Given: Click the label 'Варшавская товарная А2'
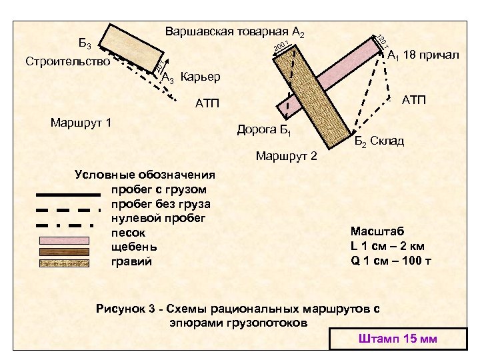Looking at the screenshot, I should pyautogui.click(x=235, y=31).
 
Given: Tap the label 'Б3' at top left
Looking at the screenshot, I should pyautogui.click(x=86, y=45).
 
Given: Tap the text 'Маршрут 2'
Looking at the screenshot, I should pyautogui.click(x=287, y=157).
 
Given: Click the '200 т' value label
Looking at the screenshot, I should pyautogui.click(x=281, y=47).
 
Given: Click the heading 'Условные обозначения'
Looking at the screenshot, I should pyautogui.click(x=145, y=175).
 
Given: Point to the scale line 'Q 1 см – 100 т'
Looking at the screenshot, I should pyautogui.click(x=391, y=259).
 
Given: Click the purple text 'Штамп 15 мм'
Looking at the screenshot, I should pyautogui.click(x=397, y=339).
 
